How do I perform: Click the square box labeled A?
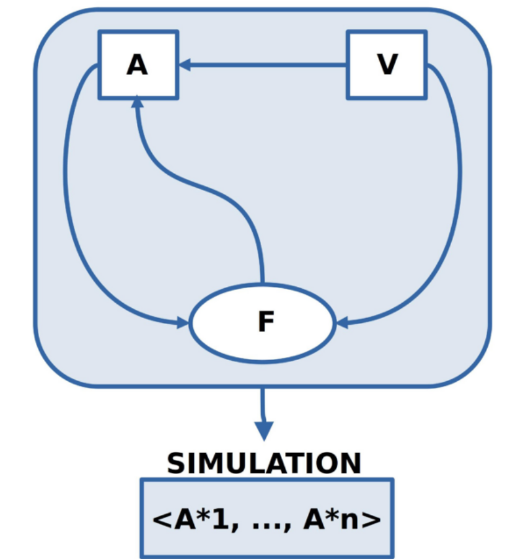coord(138,64)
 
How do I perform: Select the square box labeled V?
coord(387,64)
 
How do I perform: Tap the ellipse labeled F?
coord(263,323)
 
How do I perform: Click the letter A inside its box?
coord(138,64)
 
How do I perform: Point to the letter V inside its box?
coord(387,64)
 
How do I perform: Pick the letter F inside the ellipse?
coord(265,322)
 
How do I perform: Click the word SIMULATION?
coord(264,464)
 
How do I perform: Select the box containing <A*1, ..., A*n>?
coord(266,518)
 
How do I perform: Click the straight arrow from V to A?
coord(266,64)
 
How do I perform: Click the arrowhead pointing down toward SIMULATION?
coord(264,429)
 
